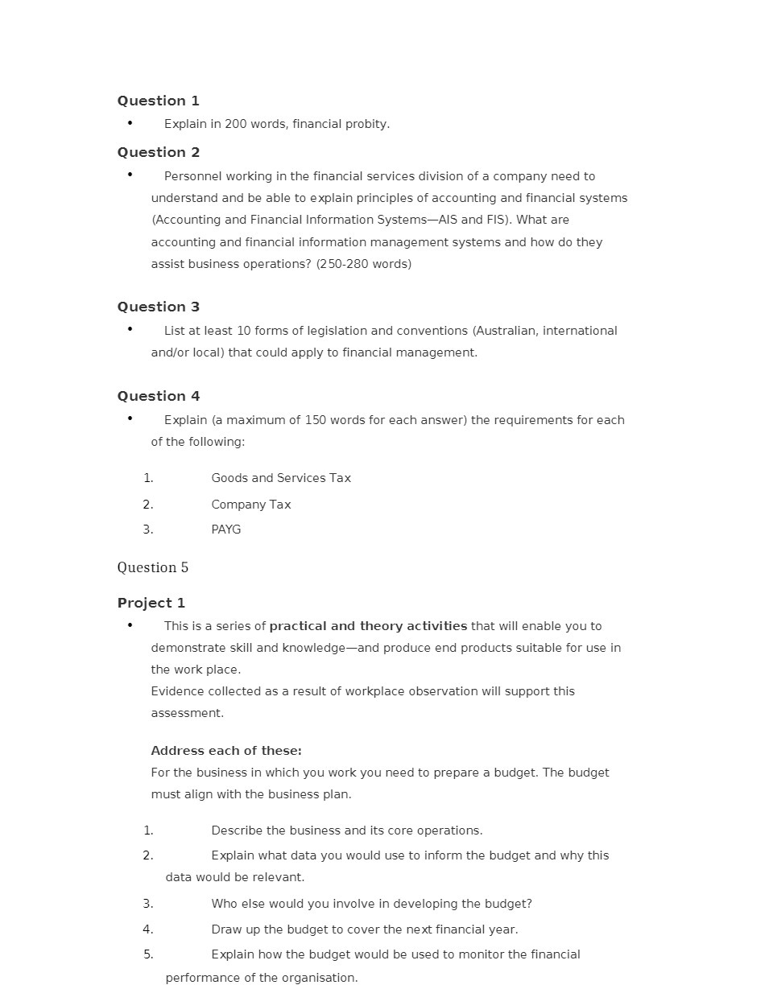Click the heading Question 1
click(158, 101)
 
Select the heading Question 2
click(158, 152)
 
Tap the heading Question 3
click(158, 307)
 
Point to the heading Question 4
click(158, 396)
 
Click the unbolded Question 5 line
click(152, 567)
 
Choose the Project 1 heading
click(151, 603)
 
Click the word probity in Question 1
click(366, 124)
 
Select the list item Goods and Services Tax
click(281, 478)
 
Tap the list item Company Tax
click(250, 505)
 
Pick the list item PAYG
click(225, 530)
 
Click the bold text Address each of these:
click(226, 751)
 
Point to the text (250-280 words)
click(363, 264)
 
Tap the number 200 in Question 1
click(236, 124)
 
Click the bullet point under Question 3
click(130, 329)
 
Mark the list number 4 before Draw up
click(148, 929)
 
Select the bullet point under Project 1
click(130, 624)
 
